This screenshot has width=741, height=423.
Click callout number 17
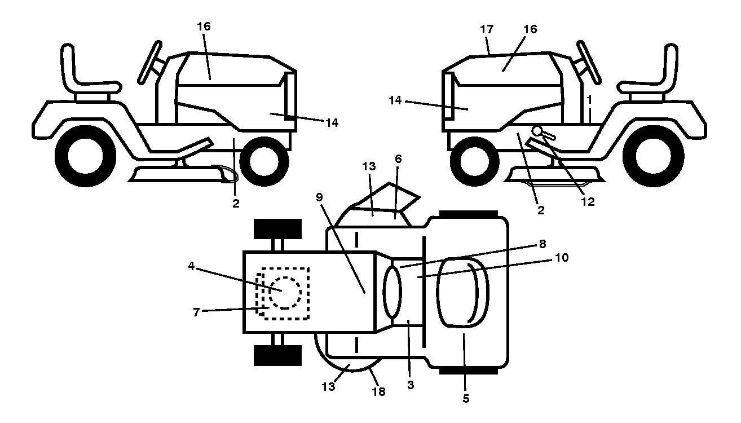[x=487, y=29]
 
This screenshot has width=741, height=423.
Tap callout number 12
[x=588, y=201]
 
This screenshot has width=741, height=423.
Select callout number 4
[x=191, y=266]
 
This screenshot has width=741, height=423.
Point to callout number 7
[x=196, y=312]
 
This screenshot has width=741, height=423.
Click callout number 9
[x=319, y=197]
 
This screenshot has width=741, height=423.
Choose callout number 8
[x=542, y=244]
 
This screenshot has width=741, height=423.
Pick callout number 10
[x=561, y=258]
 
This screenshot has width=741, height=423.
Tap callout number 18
[x=379, y=391]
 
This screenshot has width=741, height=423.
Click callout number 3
[x=411, y=385]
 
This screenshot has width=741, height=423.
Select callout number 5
[x=466, y=399]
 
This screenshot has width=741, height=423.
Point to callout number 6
[x=398, y=159]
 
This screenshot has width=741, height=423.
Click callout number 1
[x=589, y=99]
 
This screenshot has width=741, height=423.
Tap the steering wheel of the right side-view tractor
[x=589, y=62]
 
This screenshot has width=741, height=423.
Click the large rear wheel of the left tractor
[x=85, y=156]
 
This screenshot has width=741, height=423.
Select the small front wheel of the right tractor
[x=474, y=161]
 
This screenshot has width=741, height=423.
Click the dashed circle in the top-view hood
[x=285, y=293]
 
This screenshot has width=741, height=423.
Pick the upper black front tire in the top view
[x=277, y=229]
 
